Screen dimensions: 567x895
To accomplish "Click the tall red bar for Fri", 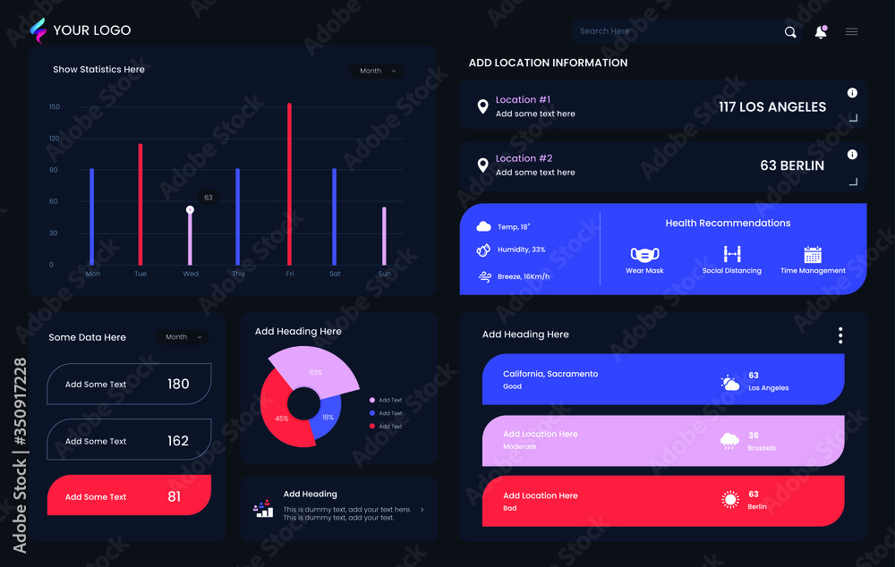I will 289,183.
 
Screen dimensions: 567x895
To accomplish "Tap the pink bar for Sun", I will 384,236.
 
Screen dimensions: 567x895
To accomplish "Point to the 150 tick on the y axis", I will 55,107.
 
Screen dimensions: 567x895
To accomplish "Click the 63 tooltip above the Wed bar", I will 209,198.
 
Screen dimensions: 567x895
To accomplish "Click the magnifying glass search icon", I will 790,32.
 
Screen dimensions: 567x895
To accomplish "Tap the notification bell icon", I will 821,32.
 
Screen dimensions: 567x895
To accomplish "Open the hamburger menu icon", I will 852,32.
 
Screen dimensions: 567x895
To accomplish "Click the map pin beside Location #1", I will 482,106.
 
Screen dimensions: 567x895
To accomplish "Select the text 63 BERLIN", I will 792,165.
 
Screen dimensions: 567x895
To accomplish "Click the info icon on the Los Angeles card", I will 852,93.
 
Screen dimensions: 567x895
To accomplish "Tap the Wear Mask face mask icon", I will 644,254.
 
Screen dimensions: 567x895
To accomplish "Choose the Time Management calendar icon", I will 813,254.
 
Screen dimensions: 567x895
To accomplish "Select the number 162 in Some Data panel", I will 178,441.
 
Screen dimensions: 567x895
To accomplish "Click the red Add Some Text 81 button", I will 129,495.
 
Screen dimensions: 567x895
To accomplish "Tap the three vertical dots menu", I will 840,335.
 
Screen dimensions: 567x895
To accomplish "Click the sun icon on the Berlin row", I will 731,500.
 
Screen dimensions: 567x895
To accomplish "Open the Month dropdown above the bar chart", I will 377,71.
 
